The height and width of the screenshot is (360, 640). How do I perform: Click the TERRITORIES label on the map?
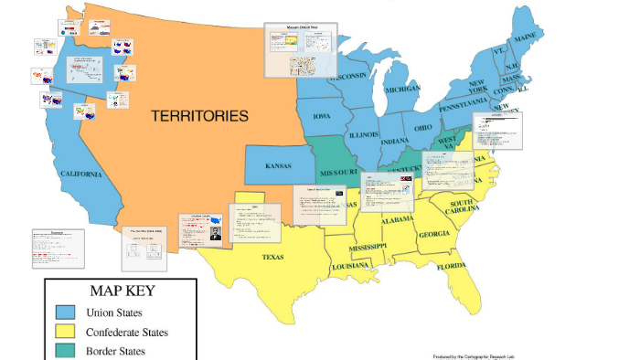pyautogui.click(x=200, y=116)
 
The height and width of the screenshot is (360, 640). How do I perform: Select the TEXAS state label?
pyautogui.click(x=273, y=257)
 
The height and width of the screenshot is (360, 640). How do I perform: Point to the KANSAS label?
pyautogui.click(x=278, y=166)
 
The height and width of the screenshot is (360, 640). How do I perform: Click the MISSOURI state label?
pyautogui.click(x=338, y=173)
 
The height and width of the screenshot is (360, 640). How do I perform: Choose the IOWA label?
pyautogui.click(x=323, y=117)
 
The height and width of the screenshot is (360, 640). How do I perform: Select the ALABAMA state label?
pyautogui.click(x=398, y=219)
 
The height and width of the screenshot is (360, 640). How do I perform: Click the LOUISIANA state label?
pyautogui.click(x=350, y=265)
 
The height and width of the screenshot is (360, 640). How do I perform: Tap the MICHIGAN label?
pyautogui.click(x=402, y=89)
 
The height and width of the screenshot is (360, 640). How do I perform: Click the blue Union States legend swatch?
pyautogui.click(x=64, y=313)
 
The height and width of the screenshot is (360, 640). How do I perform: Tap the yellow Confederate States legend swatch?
pyautogui.click(x=64, y=332)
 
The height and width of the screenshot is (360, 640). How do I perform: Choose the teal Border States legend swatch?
pyautogui.click(x=64, y=350)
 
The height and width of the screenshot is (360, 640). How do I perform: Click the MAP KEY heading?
pyautogui.click(x=122, y=291)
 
